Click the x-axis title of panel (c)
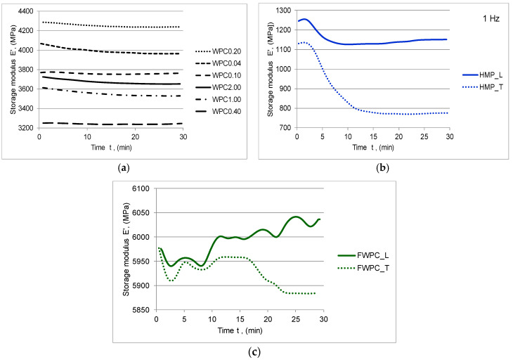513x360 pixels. click(x=240, y=330)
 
